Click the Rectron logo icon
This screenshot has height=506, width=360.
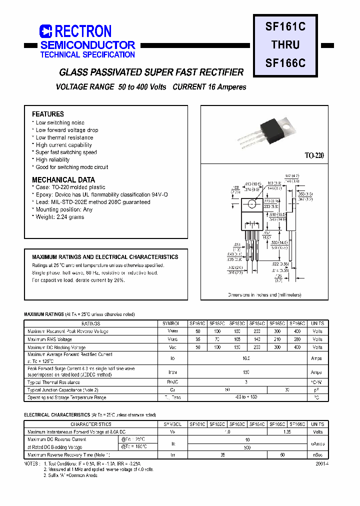coord(45,31)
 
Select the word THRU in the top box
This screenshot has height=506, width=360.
coord(285,45)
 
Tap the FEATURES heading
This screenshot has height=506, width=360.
coord(48,114)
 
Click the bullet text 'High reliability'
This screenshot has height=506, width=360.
coord(52,159)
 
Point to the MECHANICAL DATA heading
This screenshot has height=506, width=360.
coord(63,179)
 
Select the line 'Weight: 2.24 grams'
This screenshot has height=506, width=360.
coord(59,217)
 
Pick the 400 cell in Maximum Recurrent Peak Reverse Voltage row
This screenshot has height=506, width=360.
coord(297,331)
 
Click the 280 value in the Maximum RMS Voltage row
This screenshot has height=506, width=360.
coord(297,339)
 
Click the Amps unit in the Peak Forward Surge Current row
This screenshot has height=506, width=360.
coord(317,372)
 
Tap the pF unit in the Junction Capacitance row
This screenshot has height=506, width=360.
coord(317,390)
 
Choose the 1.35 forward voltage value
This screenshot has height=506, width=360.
coord(287,431)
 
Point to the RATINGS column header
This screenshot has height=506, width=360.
coord(90,323)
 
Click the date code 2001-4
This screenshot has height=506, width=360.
coord(322,463)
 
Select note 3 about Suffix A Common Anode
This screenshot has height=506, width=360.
coord(70,475)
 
